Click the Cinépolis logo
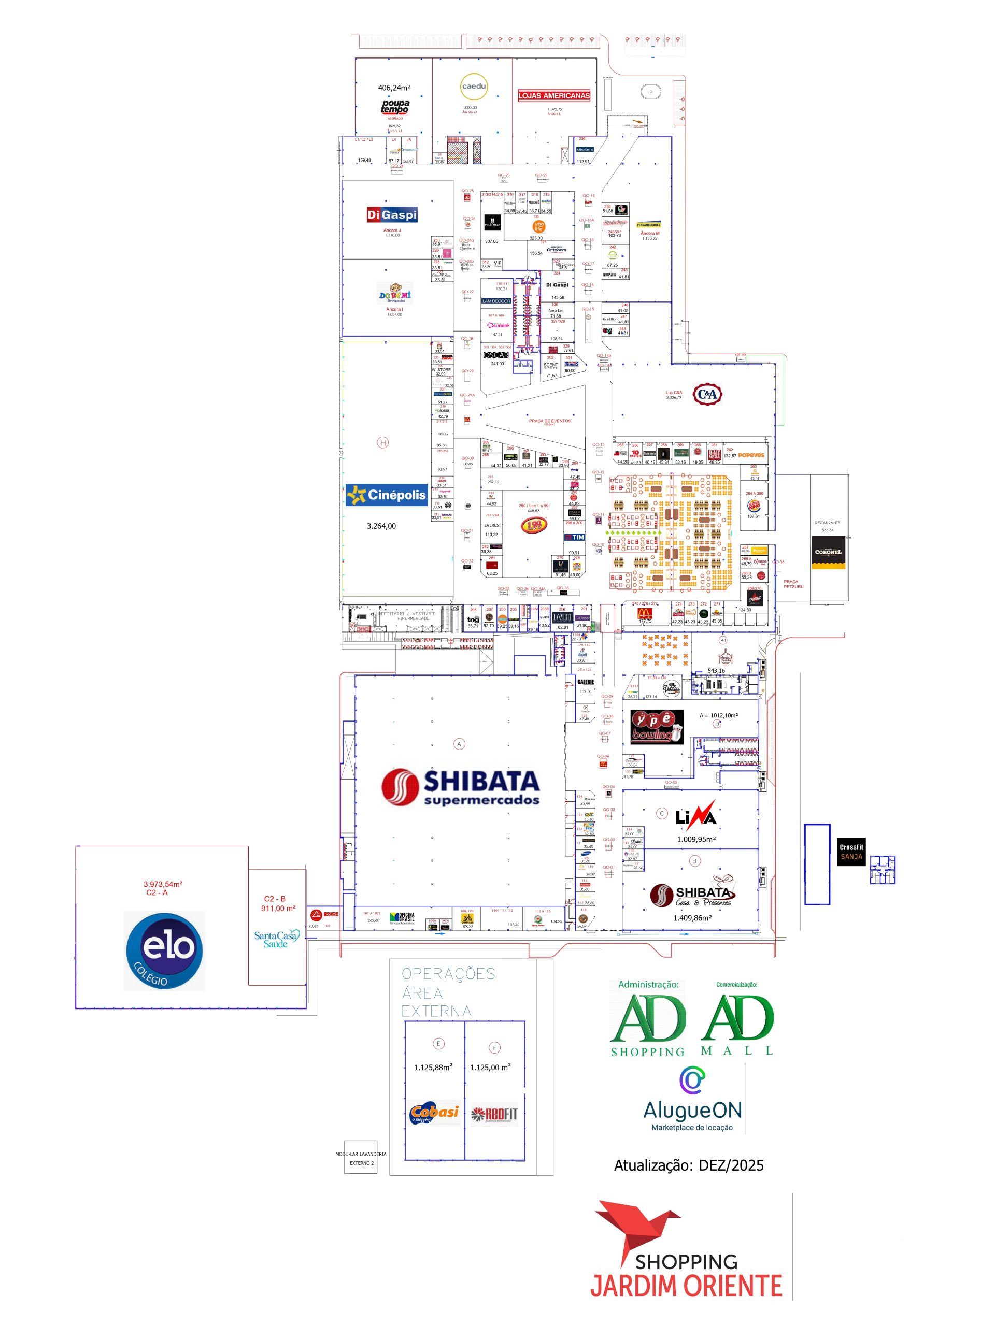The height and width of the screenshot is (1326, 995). pos(387,495)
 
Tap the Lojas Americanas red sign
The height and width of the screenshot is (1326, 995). pos(553,95)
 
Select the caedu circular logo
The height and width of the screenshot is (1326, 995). pos(474,87)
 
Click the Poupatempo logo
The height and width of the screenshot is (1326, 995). pos(395,107)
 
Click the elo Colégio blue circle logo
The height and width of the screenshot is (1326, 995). pos(164,951)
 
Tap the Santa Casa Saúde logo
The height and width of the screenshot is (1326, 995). pos(276,939)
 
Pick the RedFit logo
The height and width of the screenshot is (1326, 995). pos(494,1114)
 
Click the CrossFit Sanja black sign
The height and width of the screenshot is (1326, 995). pos(851,851)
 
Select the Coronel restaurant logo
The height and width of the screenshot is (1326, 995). pos(828,553)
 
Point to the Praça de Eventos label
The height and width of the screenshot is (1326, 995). pos(549,421)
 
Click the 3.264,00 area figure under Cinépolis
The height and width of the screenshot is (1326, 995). pos(381,526)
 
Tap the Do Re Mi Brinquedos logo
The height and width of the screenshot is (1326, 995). pos(395,293)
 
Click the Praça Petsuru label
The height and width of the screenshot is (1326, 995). pos(793,584)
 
